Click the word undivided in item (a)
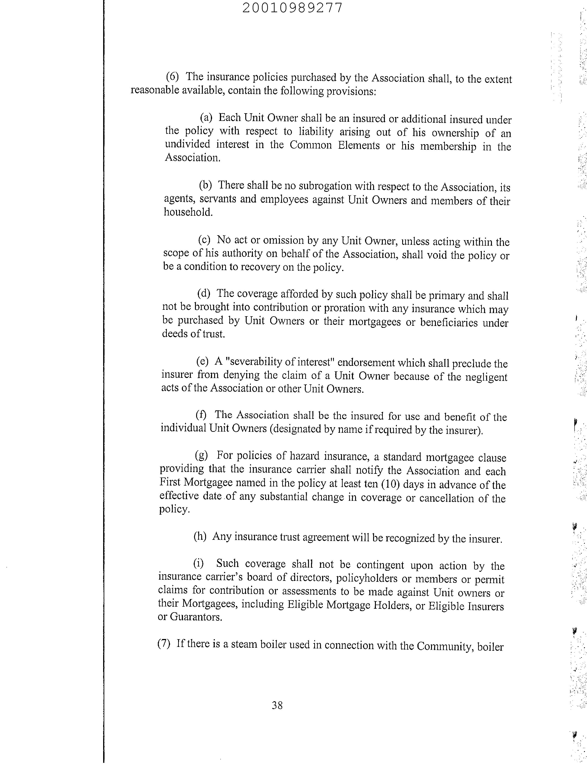(x=187, y=144)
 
